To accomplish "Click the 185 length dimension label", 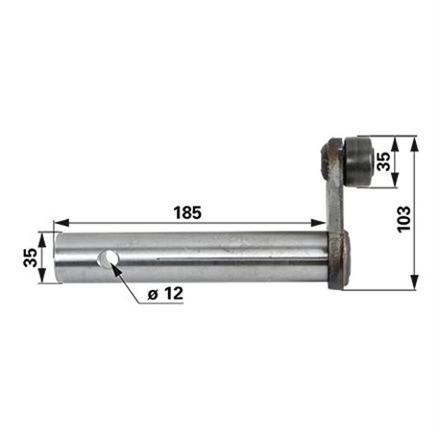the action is click(187, 212).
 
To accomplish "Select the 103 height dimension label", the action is click(403, 219).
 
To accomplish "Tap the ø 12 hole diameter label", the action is click(165, 293).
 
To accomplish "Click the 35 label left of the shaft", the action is click(30, 257).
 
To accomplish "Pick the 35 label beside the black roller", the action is click(383, 161).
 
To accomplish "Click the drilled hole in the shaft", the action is click(108, 258).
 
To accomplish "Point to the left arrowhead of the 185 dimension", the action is click(61, 223).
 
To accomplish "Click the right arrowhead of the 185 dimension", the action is click(318, 223).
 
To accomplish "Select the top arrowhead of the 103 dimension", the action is click(414, 145).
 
